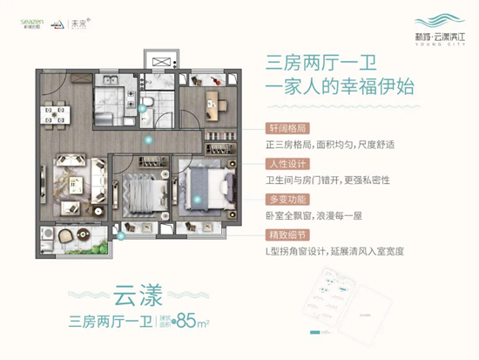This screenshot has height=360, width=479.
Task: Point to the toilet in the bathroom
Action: pyautogui.click(x=149, y=104)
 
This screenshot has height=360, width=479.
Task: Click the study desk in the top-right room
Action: pyautogui.click(x=212, y=104)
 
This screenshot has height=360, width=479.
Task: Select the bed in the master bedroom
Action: pyautogui.click(x=206, y=184)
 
